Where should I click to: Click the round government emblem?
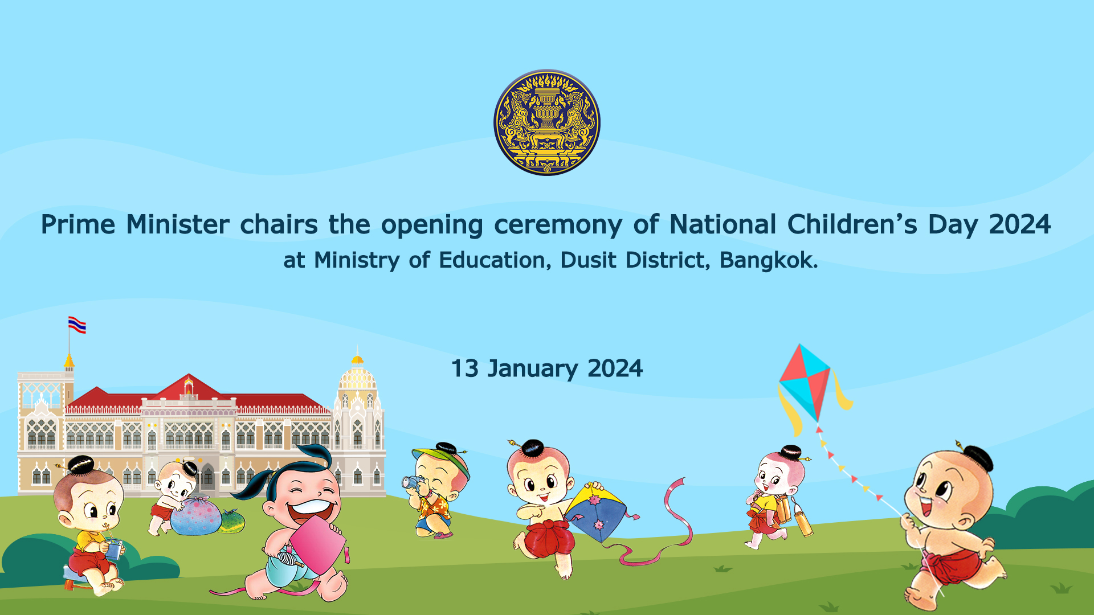click(x=547, y=122)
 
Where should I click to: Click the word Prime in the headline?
click(x=78, y=224)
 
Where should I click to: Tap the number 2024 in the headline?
click(x=1019, y=224)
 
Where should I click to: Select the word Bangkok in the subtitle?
click(x=768, y=260)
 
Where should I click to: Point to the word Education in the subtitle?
click(x=495, y=260)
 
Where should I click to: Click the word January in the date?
click(x=533, y=369)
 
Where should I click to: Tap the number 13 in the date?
click(x=465, y=369)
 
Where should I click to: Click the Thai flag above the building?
click(x=77, y=325)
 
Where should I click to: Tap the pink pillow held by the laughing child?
click(x=317, y=546)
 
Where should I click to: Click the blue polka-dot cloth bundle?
click(x=196, y=516)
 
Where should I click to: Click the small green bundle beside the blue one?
click(x=232, y=521)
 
